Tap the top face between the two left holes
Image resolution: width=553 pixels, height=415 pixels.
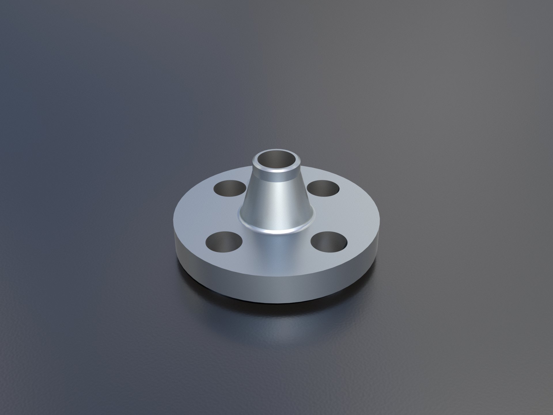click(202, 215)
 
